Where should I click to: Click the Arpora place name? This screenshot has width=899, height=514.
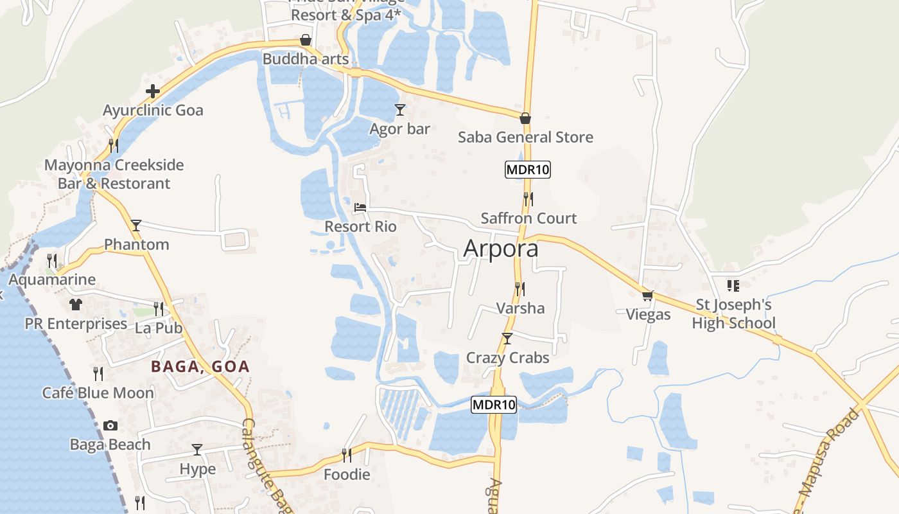point(501,249)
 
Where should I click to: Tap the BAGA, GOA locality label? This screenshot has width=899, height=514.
point(200,367)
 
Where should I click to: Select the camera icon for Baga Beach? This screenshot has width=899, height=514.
point(110,425)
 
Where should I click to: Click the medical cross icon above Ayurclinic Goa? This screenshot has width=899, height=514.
point(153,91)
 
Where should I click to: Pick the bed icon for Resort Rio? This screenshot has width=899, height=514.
point(360,208)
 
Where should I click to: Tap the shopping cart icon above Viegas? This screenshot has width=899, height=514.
point(648,296)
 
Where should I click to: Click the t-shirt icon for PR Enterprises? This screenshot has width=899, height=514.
point(76,304)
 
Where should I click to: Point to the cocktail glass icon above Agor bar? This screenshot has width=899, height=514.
point(400,110)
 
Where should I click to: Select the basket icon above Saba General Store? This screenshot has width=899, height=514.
point(525,118)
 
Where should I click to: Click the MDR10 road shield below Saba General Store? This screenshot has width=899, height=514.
point(528,170)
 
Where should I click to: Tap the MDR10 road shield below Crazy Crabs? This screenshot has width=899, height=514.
point(494,405)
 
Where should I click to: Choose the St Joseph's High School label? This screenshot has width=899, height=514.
point(734,314)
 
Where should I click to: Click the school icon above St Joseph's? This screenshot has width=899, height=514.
point(733,285)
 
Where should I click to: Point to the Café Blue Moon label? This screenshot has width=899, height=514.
point(98,393)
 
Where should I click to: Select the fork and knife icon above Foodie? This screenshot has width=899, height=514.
point(347,456)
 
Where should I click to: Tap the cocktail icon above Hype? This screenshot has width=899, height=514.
point(197,450)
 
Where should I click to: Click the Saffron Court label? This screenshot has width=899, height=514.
point(528,218)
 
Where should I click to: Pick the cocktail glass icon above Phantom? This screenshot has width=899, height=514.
point(136,226)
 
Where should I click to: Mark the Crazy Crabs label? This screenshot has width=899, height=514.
point(507,358)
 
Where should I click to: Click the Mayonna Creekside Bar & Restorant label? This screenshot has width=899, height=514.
point(114,174)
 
